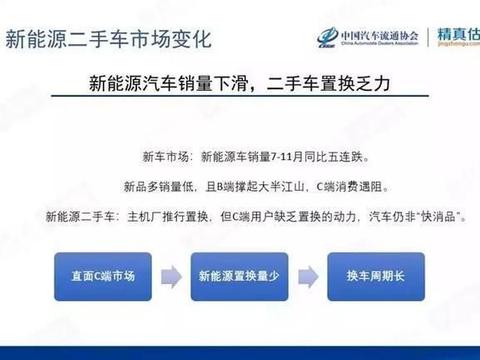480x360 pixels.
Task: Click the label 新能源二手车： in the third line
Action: click(x=80, y=216)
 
